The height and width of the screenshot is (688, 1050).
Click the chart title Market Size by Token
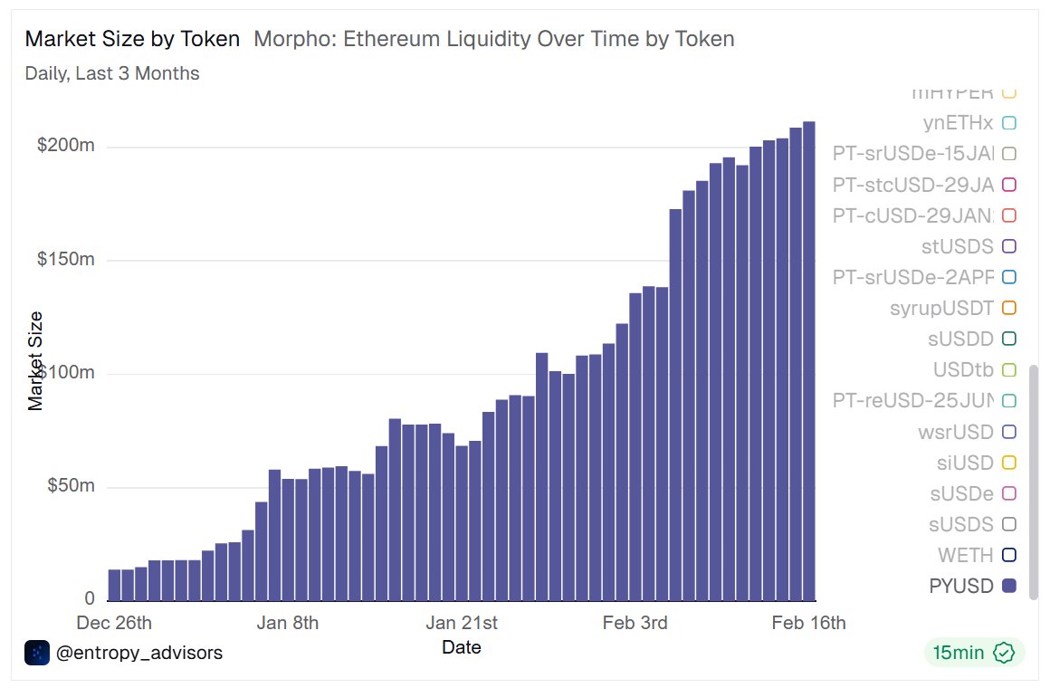132,39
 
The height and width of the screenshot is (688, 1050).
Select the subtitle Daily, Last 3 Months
112,73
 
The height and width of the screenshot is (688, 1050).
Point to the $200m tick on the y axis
65,146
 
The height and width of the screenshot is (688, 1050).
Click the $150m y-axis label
65,260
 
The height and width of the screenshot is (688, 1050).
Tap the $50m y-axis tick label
70,486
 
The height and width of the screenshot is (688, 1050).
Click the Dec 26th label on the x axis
114,623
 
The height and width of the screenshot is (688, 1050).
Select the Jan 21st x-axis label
462,623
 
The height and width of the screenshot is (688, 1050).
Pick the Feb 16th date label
808,623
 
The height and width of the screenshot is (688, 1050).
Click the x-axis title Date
461,647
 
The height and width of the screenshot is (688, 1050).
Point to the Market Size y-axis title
35,360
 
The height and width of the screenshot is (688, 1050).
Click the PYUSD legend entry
961,586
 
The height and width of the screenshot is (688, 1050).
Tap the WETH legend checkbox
1009,555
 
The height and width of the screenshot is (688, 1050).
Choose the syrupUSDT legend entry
941,309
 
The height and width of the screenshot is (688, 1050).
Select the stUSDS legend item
956,246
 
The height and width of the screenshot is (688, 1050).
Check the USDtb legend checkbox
1009,369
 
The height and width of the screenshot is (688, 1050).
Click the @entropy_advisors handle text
138,652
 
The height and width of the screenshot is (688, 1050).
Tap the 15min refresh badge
973,652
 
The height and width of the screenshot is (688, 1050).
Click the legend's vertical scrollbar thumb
1034,480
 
